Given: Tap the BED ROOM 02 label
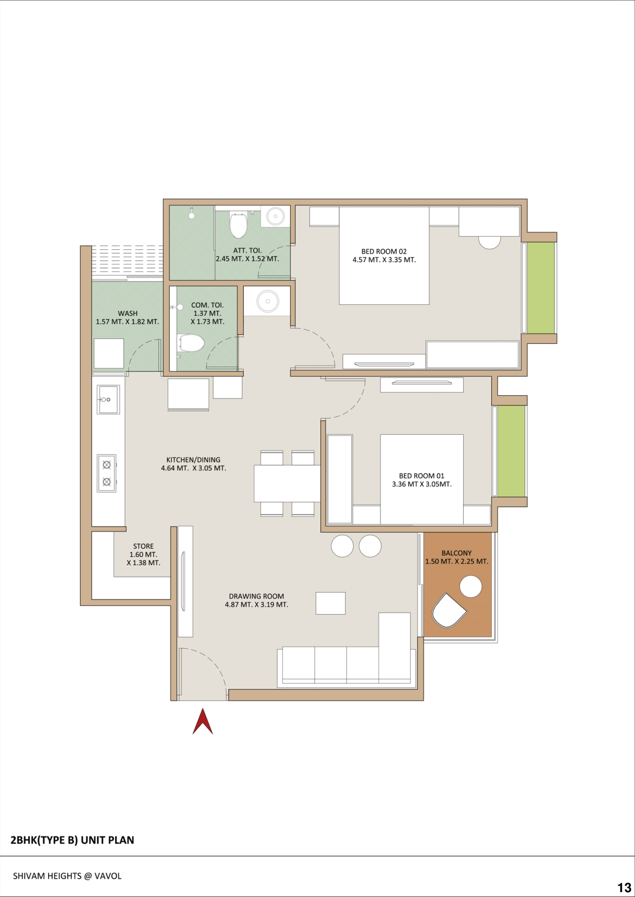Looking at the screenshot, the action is (x=384, y=256).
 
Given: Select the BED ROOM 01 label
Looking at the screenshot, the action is (x=422, y=480).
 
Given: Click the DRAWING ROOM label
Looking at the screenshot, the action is (x=256, y=600).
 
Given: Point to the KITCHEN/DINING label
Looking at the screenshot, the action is (x=193, y=464).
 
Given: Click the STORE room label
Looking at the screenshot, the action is (x=143, y=554).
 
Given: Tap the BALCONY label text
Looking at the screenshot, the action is (x=457, y=553).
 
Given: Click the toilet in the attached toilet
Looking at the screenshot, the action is (x=238, y=225).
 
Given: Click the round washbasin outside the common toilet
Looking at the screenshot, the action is (x=268, y=301).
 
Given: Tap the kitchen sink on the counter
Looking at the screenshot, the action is (x=108, y=400).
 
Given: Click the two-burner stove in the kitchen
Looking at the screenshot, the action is (x=106, y=473).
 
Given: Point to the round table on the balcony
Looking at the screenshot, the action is (x=471, y=587).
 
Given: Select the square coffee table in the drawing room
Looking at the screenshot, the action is (x=331, y=603).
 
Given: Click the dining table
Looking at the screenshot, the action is (x=287, y=483).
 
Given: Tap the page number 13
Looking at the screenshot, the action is (x=624, y=887).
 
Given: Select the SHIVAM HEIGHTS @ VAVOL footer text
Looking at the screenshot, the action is (x=67, y=876).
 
